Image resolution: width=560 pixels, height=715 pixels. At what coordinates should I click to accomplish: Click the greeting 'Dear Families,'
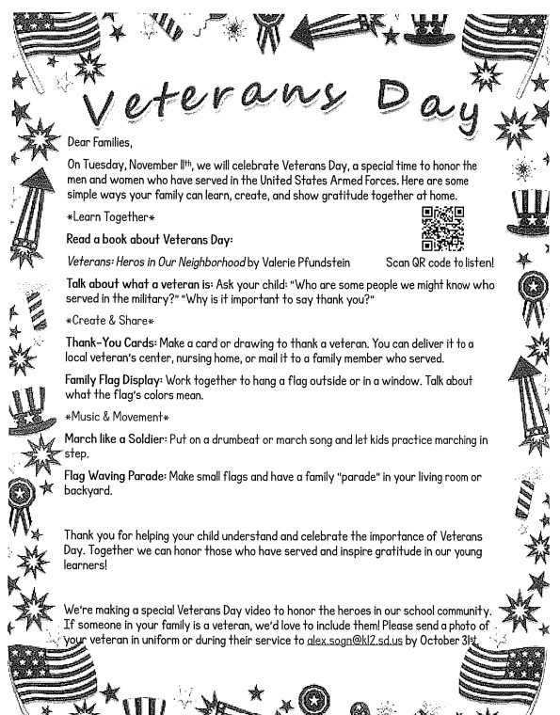pos(101,142)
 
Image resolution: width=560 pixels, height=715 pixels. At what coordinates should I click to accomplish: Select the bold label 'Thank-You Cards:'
pos(102,342)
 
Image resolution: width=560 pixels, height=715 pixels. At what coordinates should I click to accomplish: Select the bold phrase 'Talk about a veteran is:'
pos(131,283)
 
